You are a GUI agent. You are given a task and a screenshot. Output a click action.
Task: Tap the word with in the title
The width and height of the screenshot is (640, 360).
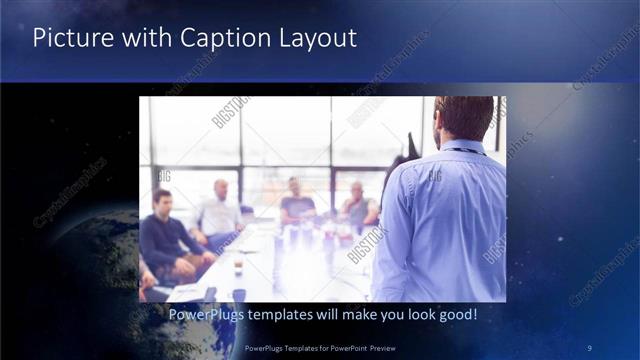click(x=146, y=39)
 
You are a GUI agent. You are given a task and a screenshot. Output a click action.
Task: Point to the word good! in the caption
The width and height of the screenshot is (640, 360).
click(x=454, y=315)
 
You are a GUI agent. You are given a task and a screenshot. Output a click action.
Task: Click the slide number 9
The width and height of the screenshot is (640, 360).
click(x=590, y=347)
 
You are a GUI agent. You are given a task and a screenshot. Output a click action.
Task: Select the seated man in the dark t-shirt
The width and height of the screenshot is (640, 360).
click(x=297, y=205)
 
